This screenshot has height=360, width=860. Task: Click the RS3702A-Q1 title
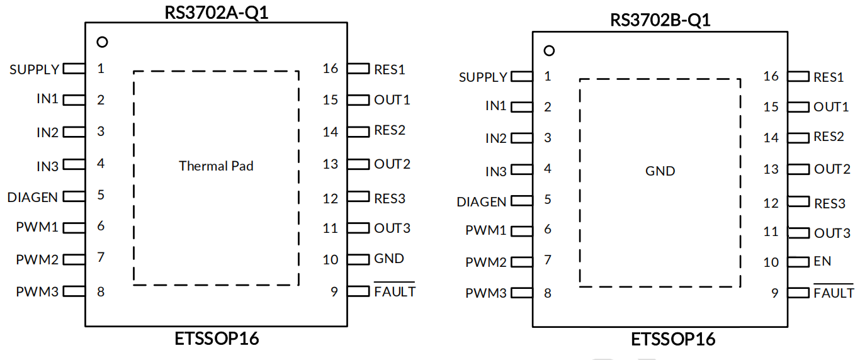[216, 13]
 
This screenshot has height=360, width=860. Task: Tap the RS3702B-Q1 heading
[660, 20]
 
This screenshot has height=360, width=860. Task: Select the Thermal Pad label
[216, 166]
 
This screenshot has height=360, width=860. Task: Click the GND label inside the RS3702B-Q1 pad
[660, 171]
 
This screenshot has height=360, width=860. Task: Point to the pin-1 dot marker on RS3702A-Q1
[102, 42]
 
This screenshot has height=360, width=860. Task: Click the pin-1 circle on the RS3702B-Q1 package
[549, 50]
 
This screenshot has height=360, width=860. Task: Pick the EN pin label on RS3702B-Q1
[822, 261]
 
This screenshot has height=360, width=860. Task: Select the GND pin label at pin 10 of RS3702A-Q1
[389, 259]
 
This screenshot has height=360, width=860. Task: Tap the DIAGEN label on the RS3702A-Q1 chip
[32, 197]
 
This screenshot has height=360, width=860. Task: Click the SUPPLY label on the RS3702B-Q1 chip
[483, 77]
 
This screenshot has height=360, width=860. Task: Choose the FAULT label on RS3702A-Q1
[395, 291]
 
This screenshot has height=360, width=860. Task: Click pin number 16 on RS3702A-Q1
[330, 69]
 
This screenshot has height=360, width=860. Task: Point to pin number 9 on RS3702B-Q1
[775, 293]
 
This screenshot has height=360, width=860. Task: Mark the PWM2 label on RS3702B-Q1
[486, 262]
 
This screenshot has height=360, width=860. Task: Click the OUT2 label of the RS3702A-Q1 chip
[392, 164]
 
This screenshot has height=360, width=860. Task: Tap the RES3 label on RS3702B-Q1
[830, 203]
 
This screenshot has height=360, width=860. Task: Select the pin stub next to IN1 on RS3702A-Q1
[74, 100]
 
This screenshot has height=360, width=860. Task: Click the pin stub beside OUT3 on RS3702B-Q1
[798, 233]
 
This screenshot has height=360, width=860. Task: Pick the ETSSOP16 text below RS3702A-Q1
[217, 339]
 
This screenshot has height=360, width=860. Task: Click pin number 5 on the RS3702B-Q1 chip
[548, 200]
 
